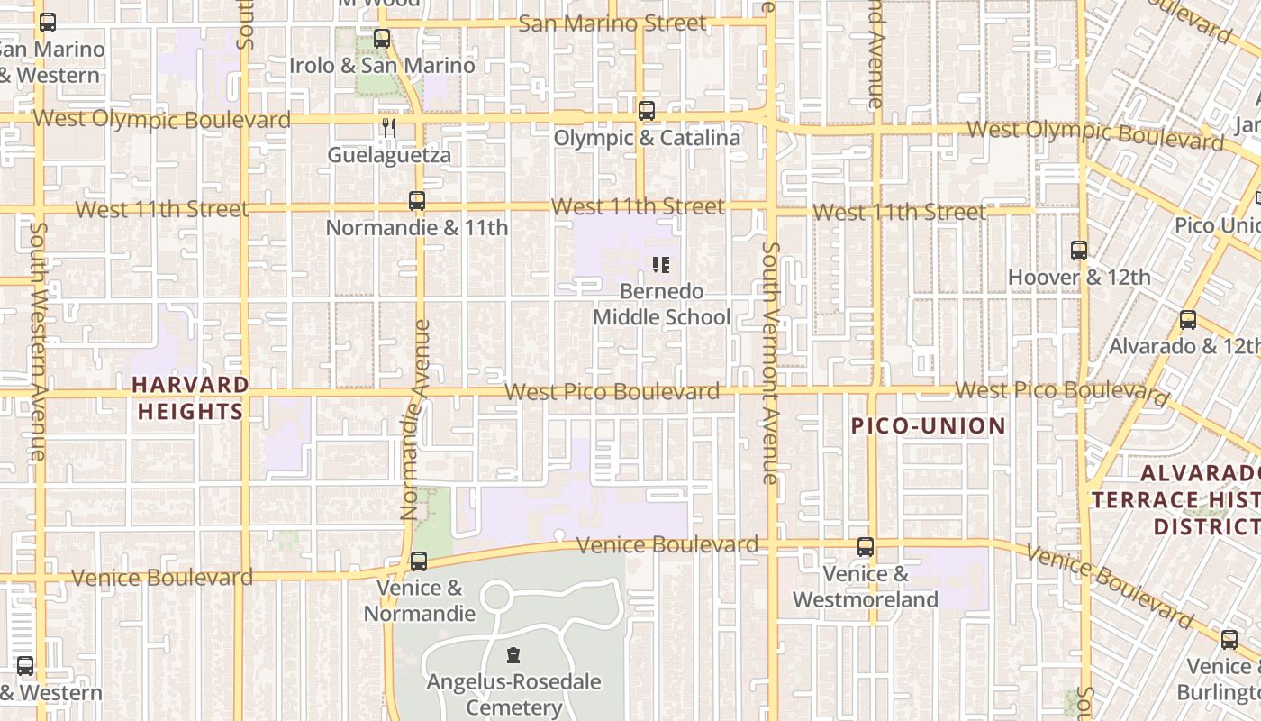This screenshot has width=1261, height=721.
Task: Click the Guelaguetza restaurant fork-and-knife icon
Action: pyautogui.click(x=389, y=128)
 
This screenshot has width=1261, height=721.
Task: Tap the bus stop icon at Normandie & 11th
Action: pyautogui.click(x=416, y=201)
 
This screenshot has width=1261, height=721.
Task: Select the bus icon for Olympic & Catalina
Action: pyautogui.click(x=646, y=111)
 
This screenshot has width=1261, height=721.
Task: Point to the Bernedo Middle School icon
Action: pyautogui.click(x=661, y=265)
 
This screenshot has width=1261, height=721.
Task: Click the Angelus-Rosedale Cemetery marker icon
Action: pyautogui.click(x=513, y=655)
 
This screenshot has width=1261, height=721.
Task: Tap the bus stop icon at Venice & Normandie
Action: pyautogui.click(x=418, y=561)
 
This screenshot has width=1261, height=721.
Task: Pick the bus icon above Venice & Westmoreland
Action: pyautogui.click(x=865, y=546)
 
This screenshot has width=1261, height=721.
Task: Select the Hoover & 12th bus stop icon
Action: pyautogui.click(x=1078, y=251)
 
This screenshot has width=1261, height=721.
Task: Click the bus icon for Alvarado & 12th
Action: pyautogui.click(x=1188, y=320)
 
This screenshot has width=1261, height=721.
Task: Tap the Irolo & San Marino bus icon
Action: pyautogui.click(x=382, y=39)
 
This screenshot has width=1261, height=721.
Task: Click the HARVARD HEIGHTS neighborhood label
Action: pyautogui.click(x=189, y=398)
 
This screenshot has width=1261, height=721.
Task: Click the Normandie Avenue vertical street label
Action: pyautogui.click(x=414, y=420)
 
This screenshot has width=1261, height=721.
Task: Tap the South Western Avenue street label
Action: pyautogui.click(x=38, y=342)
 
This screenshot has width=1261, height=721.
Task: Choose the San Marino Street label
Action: pyautogui.click(x=612, y=23)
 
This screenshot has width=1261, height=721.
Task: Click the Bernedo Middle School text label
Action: pyautogui.click(x=661, y=305)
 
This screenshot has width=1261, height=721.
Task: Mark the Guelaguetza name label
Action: pyautogui.click(x=389, y=155)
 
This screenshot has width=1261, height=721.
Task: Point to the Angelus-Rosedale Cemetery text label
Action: pyautogui.click(x=513, y=695)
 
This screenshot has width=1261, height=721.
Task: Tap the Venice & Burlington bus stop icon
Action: pyautogui.click(x=1229, y=640)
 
